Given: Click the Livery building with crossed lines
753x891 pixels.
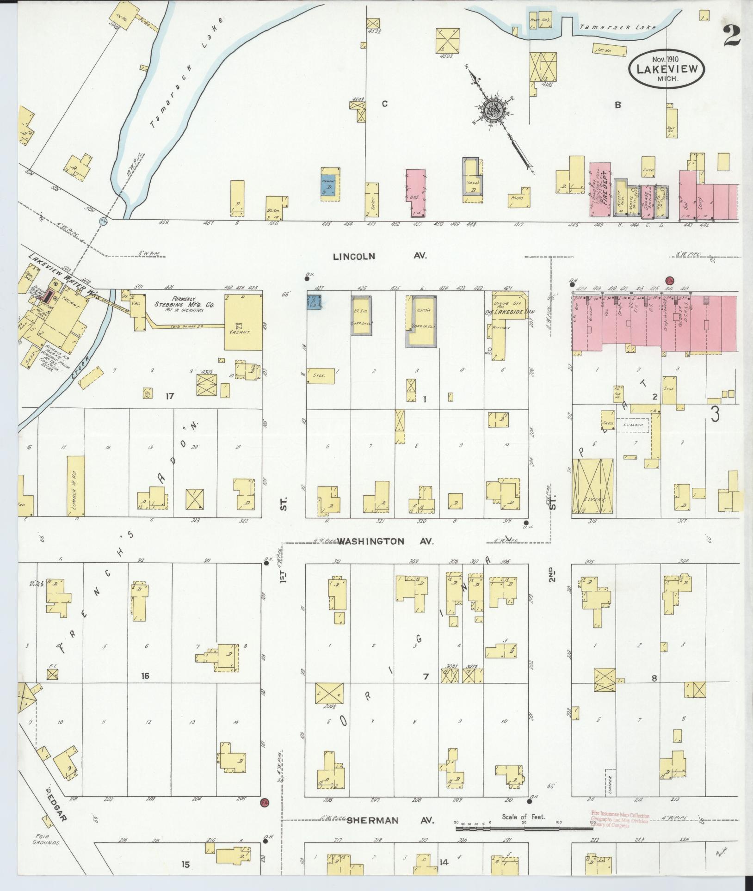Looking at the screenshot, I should click(x=593, y=486).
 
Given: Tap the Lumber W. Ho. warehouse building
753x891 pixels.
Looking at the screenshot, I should click(x=76, y=485).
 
